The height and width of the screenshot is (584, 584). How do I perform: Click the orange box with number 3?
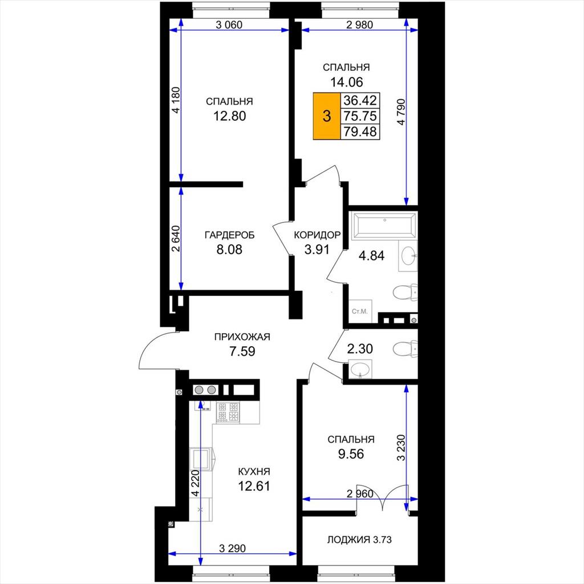point(327,116)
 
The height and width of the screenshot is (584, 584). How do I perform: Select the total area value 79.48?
point(360,132)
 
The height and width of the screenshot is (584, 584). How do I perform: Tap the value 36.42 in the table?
point(360,100)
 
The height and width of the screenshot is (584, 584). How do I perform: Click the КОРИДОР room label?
point(317,235)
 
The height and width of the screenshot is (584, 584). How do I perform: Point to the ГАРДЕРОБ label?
point(229,236)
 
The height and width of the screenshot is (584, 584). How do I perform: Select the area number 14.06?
point(346,82)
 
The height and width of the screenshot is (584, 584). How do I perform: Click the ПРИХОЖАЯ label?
point(242,337)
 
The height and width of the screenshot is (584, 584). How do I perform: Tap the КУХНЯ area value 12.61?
point(254,486)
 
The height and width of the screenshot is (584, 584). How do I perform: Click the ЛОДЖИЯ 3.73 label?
point(359,540)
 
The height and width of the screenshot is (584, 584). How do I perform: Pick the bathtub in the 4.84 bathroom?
point(385,225)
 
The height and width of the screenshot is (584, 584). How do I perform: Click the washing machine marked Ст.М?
point(360,311)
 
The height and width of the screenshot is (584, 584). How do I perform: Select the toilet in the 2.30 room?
point(405,348)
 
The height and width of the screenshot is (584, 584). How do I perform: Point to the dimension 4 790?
point(401,112)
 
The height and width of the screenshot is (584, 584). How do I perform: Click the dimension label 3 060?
point(229,25)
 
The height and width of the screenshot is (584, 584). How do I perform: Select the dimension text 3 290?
point(233,548)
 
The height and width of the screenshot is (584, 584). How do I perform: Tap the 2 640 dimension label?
point(176,238)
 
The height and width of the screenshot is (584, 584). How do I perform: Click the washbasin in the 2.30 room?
point(360,370)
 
